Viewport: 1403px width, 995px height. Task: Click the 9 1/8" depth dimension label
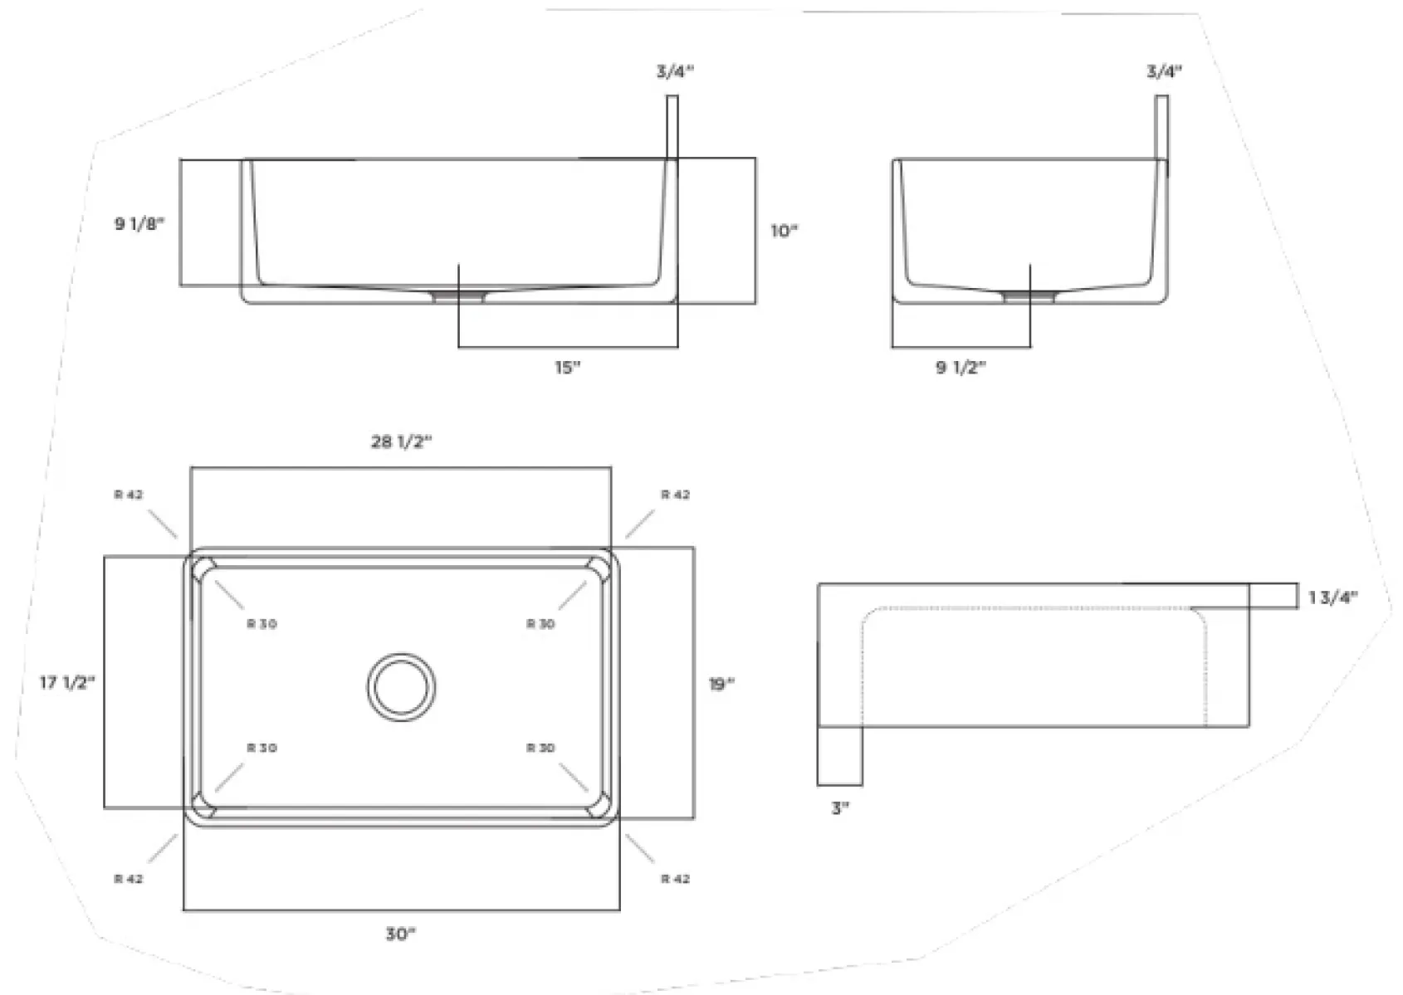tap(139, 223)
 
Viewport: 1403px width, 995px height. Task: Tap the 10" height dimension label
tap(785, 231)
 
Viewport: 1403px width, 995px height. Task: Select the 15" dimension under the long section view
tap(568, 367)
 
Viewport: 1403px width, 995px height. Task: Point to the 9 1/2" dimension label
tap(961, 367)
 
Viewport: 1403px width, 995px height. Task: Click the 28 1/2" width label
tap(402, 442)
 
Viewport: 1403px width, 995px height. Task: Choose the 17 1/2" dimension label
tap(67, 682)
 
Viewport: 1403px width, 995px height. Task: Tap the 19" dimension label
tap(721, 684)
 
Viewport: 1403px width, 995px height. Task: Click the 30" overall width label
tap(401, 934)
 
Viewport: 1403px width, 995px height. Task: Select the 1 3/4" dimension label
tap(1333, 597)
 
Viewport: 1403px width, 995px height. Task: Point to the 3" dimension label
tap(840, 807)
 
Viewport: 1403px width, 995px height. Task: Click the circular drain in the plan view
tap(402, 687)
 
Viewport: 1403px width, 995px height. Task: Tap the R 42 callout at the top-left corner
tap(129, 495)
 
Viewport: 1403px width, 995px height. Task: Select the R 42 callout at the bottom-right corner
tap(675, 879)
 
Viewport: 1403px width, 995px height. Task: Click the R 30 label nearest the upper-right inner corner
tap(540, 624)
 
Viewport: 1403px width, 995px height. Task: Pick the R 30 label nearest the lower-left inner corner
tap(262, 748)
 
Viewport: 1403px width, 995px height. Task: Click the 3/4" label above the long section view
tap(675, 71)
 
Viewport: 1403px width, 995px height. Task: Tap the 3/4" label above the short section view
tap(1165, 71)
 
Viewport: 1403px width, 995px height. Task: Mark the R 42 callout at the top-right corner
tap(675, 495)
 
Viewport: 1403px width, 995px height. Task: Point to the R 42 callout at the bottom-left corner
tap(129, 879)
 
